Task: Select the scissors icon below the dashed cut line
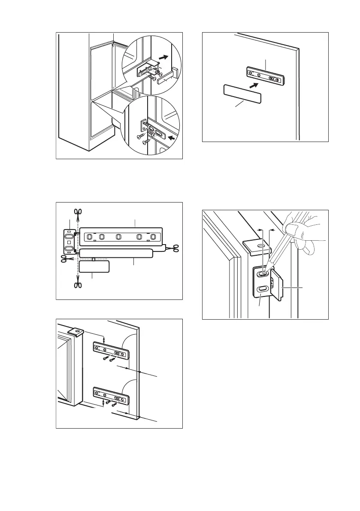click(78, 285)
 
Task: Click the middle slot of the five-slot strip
click(118, 236)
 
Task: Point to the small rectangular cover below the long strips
click(94, 266)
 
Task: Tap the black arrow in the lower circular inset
click(172, 137)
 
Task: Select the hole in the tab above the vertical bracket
click(259, 246)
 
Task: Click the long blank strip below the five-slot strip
click(116, 253)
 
